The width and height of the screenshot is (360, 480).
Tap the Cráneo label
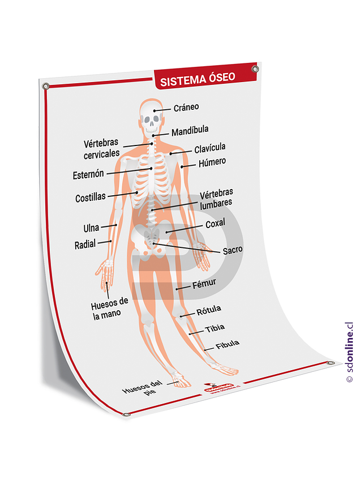(186, 107)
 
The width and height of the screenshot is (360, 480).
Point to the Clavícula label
(209, 148)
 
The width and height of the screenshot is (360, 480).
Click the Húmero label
(212, 162)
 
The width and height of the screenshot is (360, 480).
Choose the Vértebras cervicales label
(102, 149)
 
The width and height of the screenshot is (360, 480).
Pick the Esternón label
(88, 175)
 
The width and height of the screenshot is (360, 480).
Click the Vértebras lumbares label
(216, 198)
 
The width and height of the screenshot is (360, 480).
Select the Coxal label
(215, 224)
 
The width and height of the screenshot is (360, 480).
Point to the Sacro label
(232, 250)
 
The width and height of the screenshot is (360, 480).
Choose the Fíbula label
(228, 344)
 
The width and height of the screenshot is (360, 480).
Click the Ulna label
(91, 228)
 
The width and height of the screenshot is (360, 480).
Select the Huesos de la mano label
(110, 309)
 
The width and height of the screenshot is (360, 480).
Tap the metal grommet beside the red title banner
(255, 69)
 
